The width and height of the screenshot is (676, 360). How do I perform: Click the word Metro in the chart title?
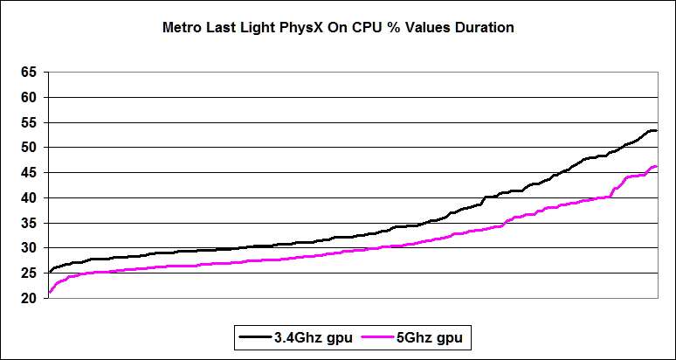(x=183, y=28)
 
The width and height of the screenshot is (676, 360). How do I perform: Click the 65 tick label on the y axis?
(x=31, y=73)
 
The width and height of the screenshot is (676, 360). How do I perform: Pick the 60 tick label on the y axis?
(x=31, y=98)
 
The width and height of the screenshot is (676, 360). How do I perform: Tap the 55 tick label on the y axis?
(x=31, y=123)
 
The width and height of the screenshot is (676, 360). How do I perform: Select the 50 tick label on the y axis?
(x=31, y=148)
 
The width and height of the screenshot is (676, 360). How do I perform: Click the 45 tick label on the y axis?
(x=31, y=173)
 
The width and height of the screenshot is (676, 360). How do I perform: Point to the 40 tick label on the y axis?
(x=31, y=198)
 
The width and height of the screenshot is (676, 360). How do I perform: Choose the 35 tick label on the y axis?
(x=31, y=224)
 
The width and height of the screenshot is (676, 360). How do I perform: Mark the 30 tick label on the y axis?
(x=31, y=248)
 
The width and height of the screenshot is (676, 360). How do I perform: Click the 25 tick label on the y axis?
(x=31, y=273)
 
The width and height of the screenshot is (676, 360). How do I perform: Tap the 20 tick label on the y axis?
(x=31, y=299)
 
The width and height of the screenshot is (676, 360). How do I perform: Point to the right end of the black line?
(x=656, y=130)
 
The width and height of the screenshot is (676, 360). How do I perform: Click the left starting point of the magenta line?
(x=50, y=293)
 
